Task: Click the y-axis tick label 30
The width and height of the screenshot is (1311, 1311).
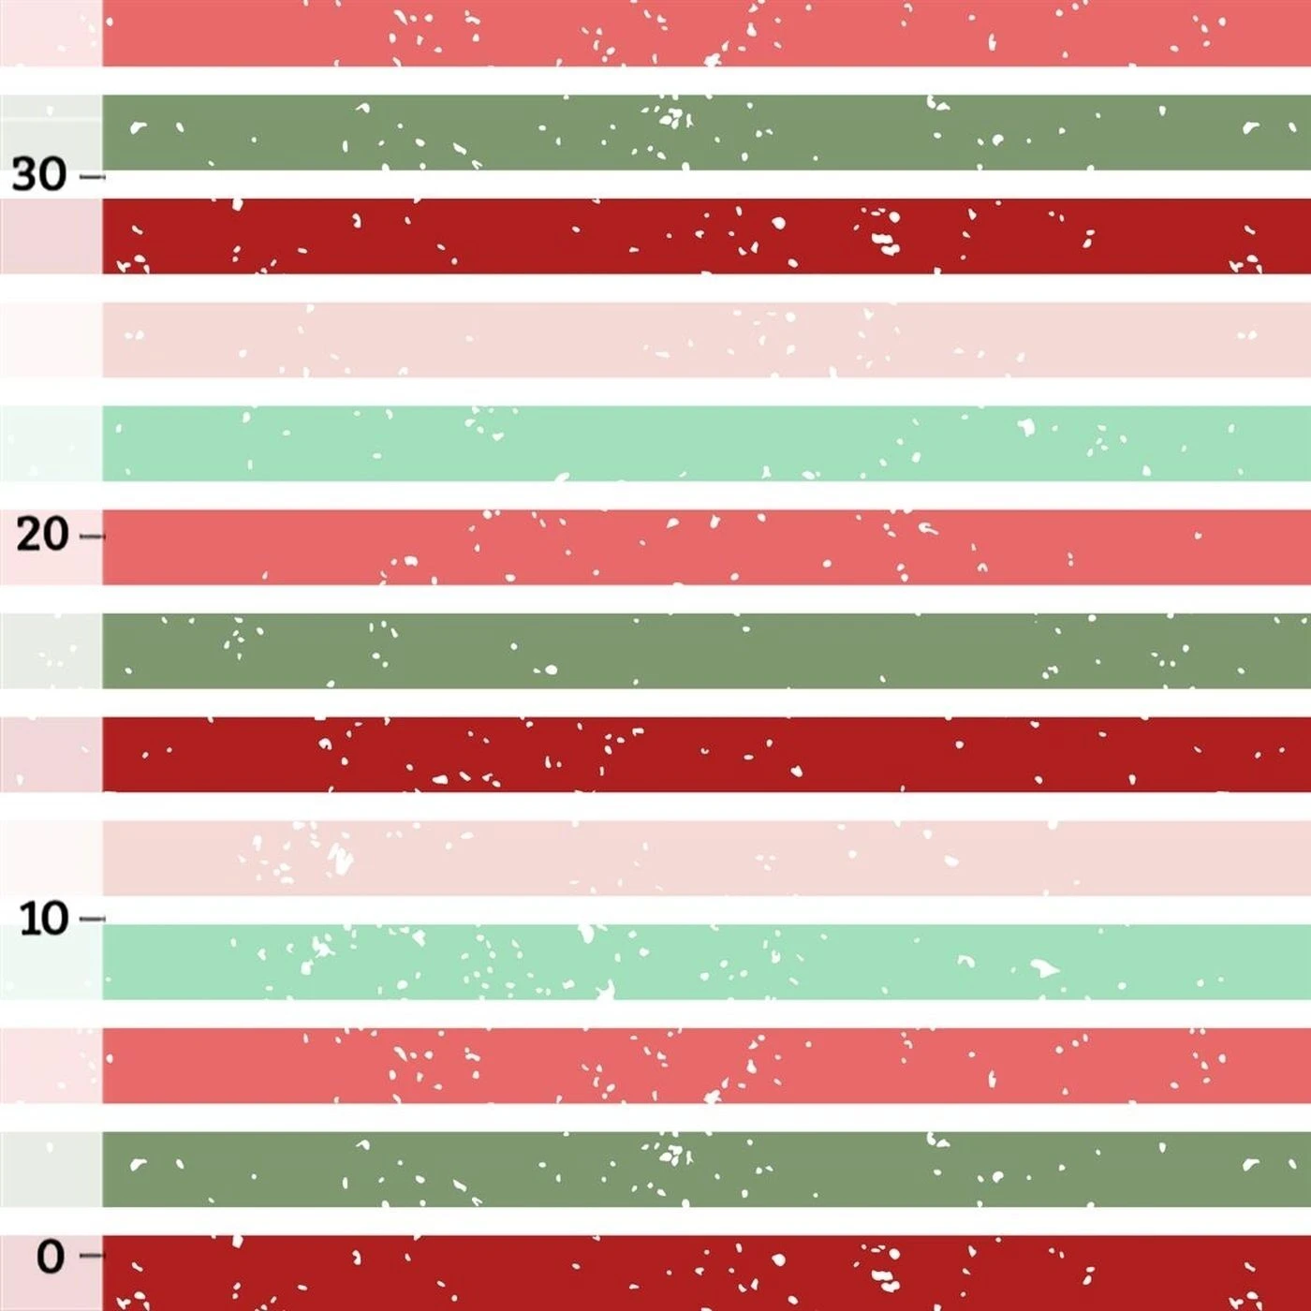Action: click(x=39, y=175)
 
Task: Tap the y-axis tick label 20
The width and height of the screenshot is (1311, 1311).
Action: click(x=42, y=535)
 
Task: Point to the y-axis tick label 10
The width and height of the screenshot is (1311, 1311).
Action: click(x=44, y=919)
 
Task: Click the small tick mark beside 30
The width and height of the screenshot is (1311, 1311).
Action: click(x=92, y=176)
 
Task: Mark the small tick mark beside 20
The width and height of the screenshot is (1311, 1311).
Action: click(x=92, y=537)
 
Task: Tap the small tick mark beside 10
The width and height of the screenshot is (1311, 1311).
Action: click(x=92, y=919)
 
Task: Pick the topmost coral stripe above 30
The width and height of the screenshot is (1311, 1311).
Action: click(x=702, y=34)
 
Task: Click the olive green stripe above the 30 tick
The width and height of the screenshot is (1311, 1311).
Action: click(x=702, y=132)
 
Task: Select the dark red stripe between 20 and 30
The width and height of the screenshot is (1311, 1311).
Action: click(x=702, y=236)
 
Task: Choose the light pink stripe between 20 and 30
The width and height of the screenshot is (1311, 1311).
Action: click(x=702, y=340)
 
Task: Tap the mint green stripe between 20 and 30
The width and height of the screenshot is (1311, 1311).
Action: click(x=702, y=443)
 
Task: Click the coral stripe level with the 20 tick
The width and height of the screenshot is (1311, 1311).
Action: click(x=702, y=547)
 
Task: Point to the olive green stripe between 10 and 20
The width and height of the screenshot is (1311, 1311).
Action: click(x=702, y=651)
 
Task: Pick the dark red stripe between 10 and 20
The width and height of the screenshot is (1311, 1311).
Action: click(x=702, y=755)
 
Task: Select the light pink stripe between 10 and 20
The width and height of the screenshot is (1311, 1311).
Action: click(x=702, y=858)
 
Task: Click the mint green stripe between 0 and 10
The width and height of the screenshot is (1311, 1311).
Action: click(x=702, y=962)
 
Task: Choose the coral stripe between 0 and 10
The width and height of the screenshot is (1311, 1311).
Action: click(x=702, y=1066)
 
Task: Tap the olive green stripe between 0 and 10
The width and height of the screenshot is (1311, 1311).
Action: click(x=702, y=1169)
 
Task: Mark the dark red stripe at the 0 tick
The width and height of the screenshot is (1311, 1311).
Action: click(x=702, y=1274)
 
